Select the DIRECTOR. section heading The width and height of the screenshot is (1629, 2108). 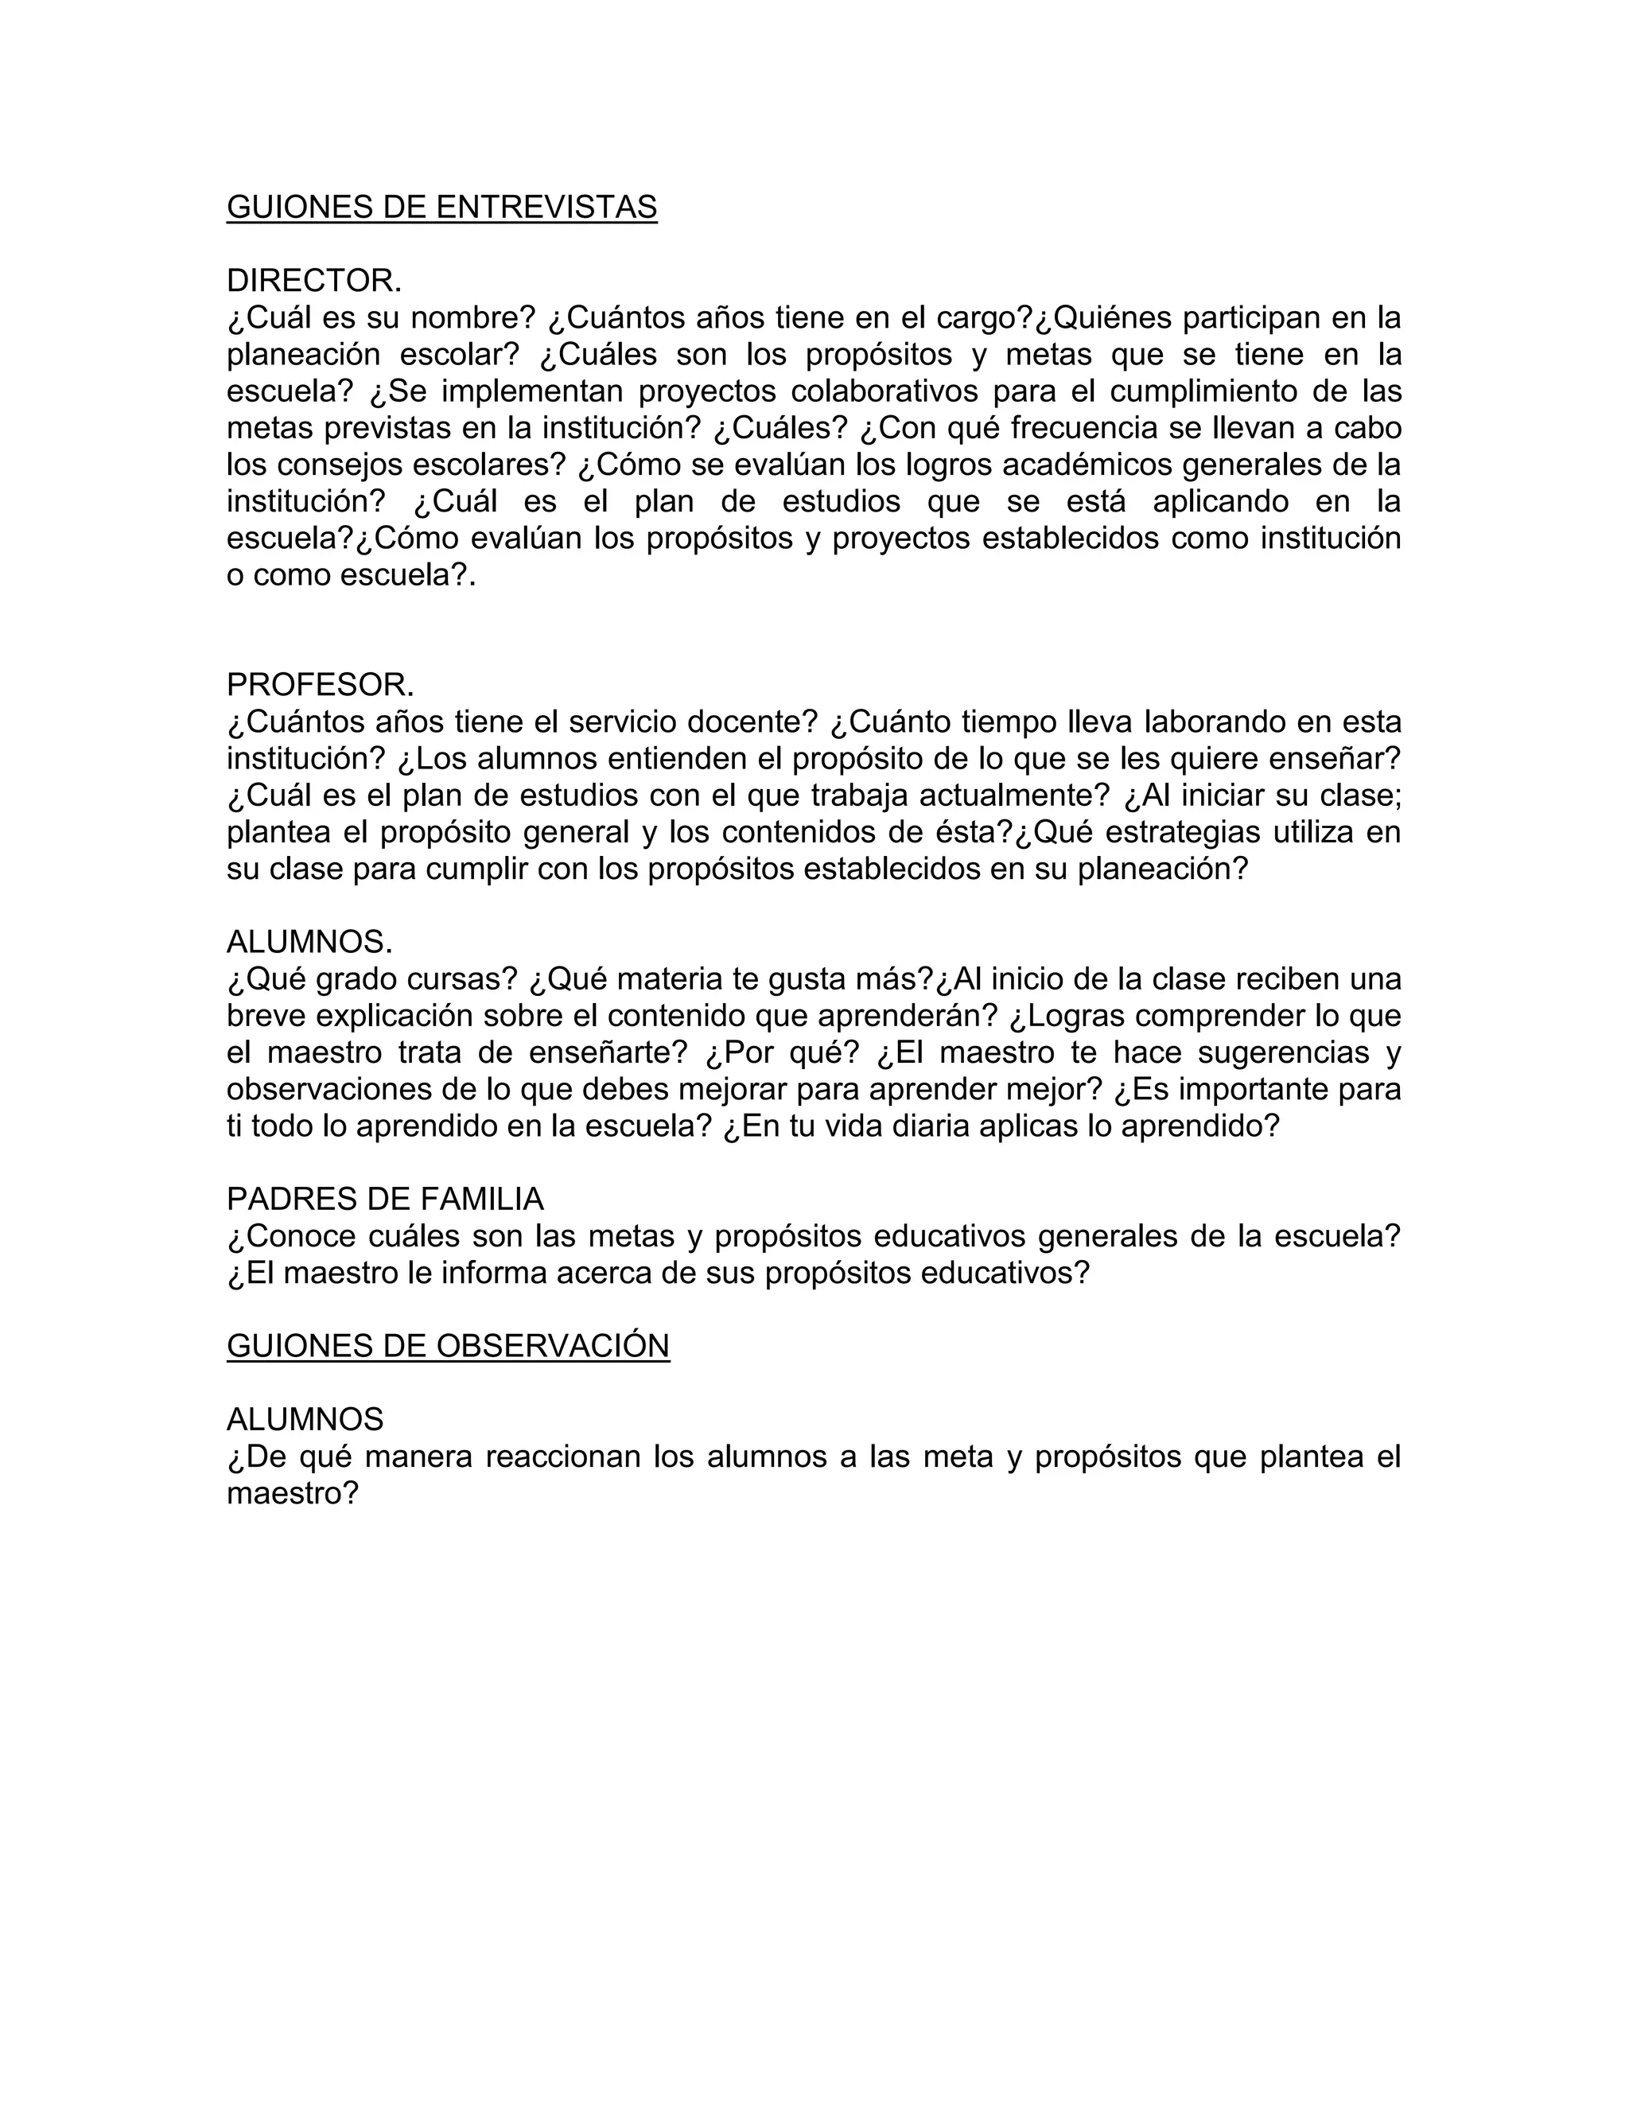tap(313, 281)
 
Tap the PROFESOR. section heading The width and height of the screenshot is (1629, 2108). tap(321, 684)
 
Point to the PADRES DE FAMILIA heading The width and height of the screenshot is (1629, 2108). tap(385, 1199)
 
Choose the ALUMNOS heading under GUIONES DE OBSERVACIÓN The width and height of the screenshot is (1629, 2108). tap(305, 1419)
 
